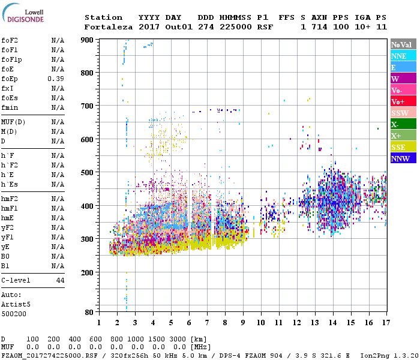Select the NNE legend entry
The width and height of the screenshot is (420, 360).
pos(399,56)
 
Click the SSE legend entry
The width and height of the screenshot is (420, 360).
pos(399,147)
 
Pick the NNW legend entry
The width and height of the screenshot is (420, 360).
pos(400,158)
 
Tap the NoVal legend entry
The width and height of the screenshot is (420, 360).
pos(401,44)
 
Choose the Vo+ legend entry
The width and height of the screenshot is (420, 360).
pos(398,101)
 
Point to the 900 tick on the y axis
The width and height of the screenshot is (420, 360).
pos(88,40)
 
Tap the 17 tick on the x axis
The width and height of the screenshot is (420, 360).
pos(385,323)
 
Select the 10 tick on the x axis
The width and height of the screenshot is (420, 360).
pos(261,323)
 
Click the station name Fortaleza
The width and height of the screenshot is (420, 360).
pos(108,27)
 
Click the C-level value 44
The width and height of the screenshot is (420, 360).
pos(60,280)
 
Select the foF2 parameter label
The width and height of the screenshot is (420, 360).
pos(10,40)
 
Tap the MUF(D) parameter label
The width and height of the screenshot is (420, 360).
pos(13,122)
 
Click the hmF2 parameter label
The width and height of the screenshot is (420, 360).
pos(10,199)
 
